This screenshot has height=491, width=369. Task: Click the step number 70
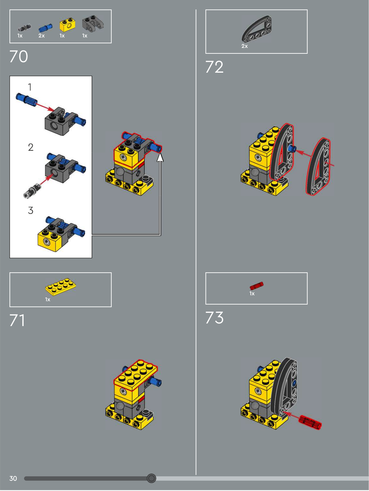pyautogui.click(x=19, y=56)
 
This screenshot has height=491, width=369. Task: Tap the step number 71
pyautogui.click(x=17, y=320)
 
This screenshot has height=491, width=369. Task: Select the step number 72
pyautogui.click(x=214, y=67)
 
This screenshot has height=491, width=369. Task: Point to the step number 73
pyautogui.click(x=214, y=318)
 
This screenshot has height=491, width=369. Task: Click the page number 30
pyautogui.click(x=13, y=478)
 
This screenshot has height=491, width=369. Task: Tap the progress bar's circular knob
pyautogui.click(x=151, y=478)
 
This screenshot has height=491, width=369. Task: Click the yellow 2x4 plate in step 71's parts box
pyautogui.click(x=61, y=287)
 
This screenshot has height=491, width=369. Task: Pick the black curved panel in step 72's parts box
pyautogui.click(x=257, y=29)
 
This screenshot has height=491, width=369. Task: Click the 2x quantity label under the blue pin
pyautogui.click(x=42, y=36)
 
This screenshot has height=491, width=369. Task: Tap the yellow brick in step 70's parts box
pyautogui.click(x=67, y=25)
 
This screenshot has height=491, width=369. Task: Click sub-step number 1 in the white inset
pyautogui.click(x=30, y=87)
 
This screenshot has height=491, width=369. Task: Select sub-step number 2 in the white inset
pyautogui.click(x=31, y=147)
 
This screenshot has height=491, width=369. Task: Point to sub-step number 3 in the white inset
pyautogui.click(x=31, y=210)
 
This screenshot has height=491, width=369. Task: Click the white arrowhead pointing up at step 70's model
pyautogui.click(x=160, y=157)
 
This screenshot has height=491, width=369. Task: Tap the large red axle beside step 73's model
pyautogui.click(x=310, y=422)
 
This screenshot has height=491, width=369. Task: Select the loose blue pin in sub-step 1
pyautogui.click(x=26, y=100)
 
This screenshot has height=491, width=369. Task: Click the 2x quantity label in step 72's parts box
pyautogui.click(x=245, y=46)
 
